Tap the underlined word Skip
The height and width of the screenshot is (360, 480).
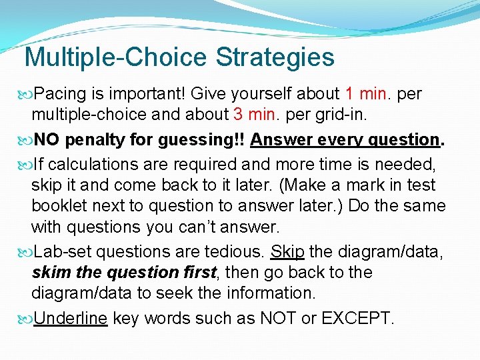tap(288, 251)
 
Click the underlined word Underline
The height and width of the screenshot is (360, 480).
tap(70, 318)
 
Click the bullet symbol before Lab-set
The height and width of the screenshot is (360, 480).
tap(27, 252)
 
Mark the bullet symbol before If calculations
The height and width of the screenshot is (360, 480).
tap(27, 163)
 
